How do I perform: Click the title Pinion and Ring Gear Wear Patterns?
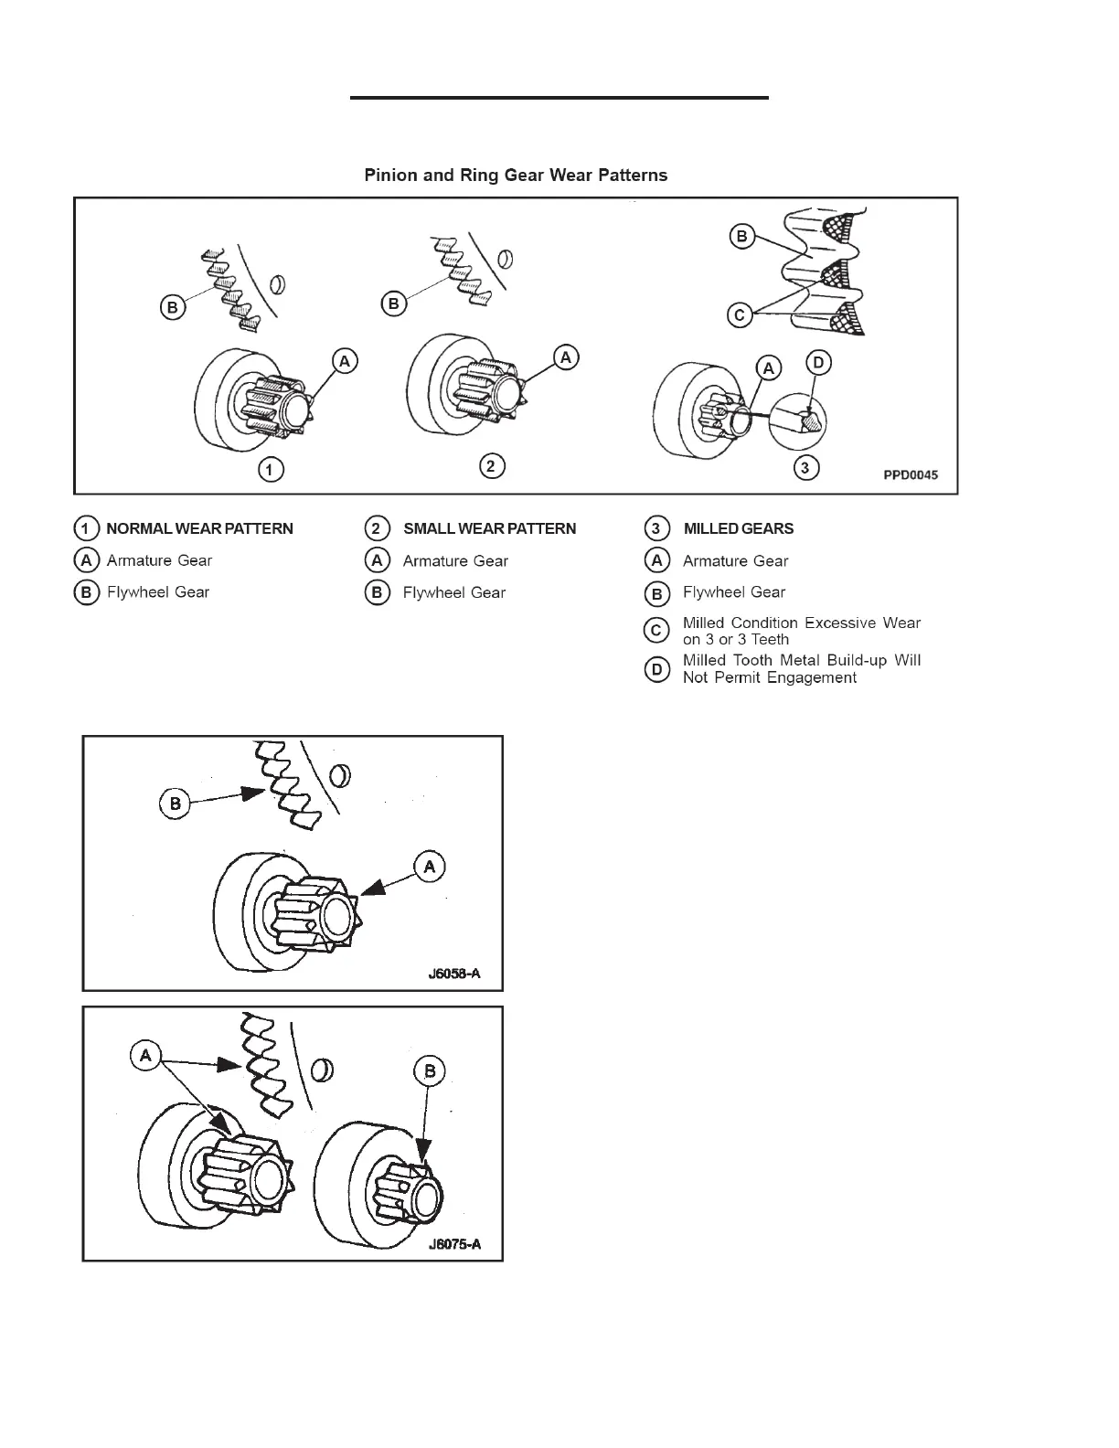coord(516,176)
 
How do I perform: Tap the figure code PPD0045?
coord(910,475)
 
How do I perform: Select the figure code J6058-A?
coord(453,974)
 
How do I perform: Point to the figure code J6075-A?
coord(453,1244)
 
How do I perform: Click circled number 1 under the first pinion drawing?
coord(270,470)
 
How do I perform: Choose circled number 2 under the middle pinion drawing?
coord(492,466)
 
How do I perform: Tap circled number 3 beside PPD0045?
coord(805,468)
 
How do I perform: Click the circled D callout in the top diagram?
coord(818,363)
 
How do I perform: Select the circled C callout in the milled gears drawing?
coord(740,315)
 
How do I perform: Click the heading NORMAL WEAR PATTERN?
coord(199,528)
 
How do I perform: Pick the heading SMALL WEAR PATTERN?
coord(489,528)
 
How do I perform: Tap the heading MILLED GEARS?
coord(738,528)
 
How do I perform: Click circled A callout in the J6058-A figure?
coord(430,867)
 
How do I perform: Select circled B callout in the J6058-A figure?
coord(175,804)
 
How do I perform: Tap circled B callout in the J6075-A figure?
coord(429,1071)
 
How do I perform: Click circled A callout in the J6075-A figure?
coord(145,1057)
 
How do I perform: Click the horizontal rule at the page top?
coord(559,97)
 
